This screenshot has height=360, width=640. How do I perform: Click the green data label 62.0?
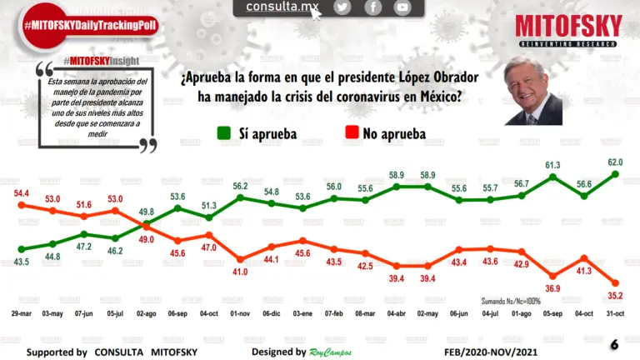click(615, 162)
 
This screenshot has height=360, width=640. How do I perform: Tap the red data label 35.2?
click(615, 294)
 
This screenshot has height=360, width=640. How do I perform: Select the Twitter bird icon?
click(342, 7)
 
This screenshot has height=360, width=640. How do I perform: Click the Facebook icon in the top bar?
click(372, 7)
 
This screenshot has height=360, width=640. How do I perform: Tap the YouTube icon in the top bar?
click(402, 7)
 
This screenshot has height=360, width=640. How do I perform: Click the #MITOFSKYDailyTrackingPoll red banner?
click(90, 26)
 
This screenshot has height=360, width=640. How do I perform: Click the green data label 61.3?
click(552, 165)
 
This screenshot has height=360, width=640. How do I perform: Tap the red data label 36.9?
click(552, 288)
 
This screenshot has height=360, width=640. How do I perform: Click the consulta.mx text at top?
click(282, 7)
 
